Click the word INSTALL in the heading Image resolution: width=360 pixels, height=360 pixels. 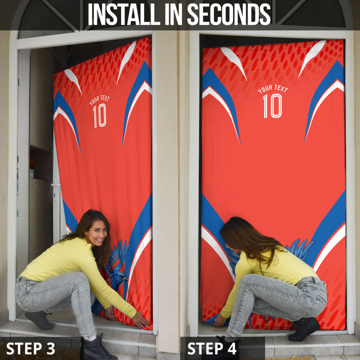click(124, 14)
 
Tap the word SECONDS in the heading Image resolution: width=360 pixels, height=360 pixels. click(229, 14)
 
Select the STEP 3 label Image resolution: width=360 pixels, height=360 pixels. click(31, 348)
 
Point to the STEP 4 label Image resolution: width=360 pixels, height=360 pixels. click(212, 348)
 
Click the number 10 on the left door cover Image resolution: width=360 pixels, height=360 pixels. click(99, 115)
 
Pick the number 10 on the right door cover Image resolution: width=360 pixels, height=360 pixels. click(272, 106)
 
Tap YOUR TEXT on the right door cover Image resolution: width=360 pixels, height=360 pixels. click(273, 89)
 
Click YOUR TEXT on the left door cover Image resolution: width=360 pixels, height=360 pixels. click(99, 100)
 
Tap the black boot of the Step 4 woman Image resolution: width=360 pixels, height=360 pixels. click(304, 329)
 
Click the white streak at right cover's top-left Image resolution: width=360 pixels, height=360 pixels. click(234, 62)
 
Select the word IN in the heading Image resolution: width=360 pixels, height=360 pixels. click(174, 14)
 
